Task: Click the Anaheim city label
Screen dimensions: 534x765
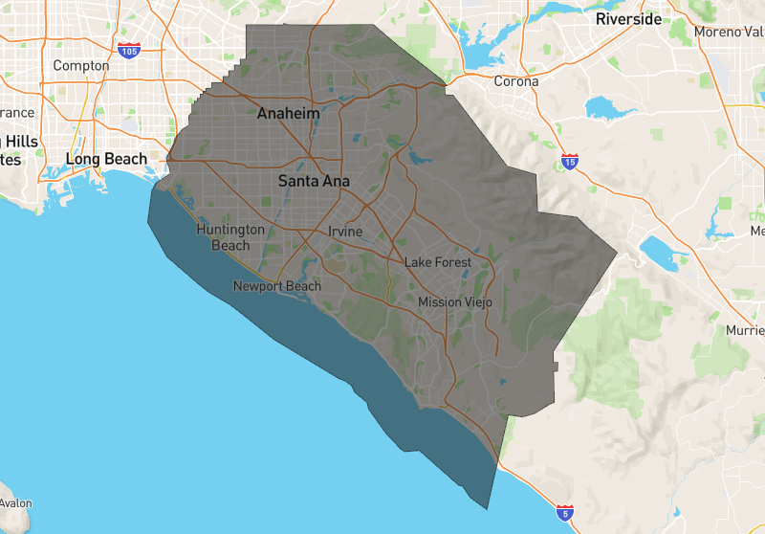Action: [288, 114]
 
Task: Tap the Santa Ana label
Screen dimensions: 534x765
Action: [314, 180]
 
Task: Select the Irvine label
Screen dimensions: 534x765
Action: [345, 232]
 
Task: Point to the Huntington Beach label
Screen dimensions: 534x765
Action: [229, 237]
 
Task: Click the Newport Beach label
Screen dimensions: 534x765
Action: [277, 286]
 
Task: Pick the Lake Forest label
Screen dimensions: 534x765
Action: [438, 262]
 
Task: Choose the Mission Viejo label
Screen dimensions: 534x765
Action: [455, 302]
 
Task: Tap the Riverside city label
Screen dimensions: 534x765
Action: [628, 19]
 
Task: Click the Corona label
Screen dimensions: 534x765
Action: [515, 81]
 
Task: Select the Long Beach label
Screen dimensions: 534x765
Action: [106, 159]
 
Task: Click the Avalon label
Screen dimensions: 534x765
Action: [15, 503]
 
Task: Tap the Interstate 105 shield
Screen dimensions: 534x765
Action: [127, 49]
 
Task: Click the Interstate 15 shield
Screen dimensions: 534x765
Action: [570, 162]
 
